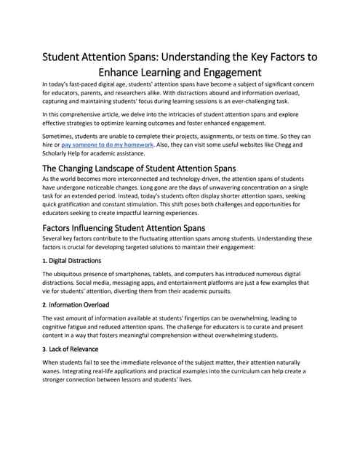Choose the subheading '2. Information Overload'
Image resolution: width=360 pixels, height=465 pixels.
pyautogui.click(x=76, y=304)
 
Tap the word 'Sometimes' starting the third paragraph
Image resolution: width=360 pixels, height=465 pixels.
pyautogui.click(x=63, y=137)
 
